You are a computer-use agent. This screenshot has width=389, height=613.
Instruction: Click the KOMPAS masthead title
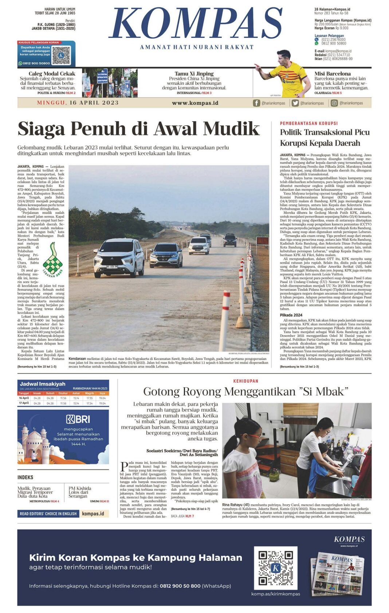point(196,24)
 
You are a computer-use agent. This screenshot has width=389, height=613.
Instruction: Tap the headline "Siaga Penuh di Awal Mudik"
point(138,129)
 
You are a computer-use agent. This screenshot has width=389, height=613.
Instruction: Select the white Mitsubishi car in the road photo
point(119,258)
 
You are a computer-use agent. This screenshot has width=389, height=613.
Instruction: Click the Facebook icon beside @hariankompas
point(256,103)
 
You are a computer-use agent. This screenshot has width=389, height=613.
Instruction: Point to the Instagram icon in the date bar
point(334,103)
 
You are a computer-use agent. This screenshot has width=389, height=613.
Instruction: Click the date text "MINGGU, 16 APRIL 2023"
point(78,103)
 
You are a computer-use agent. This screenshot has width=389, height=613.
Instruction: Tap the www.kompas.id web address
point(195,103)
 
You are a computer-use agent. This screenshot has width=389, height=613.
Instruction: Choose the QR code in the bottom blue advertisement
point(275,567)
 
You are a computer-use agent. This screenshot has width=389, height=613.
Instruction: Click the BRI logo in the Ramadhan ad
point(78,419)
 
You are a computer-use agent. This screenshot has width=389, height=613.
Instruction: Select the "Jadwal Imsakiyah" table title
point(43,384)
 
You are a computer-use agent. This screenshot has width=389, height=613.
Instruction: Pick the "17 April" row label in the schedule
point(24,403)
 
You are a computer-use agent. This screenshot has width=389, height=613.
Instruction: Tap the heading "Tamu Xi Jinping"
point(194,74)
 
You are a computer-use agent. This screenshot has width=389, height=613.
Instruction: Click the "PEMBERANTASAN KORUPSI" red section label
point(309,123)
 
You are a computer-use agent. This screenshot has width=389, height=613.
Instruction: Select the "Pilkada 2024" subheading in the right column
point(291,315)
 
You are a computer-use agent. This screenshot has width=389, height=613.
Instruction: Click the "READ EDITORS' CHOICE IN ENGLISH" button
point(48,514)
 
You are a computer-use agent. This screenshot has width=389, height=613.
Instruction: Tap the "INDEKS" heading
point(25,478)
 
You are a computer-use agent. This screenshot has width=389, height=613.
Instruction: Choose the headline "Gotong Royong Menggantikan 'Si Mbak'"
point(245,392)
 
